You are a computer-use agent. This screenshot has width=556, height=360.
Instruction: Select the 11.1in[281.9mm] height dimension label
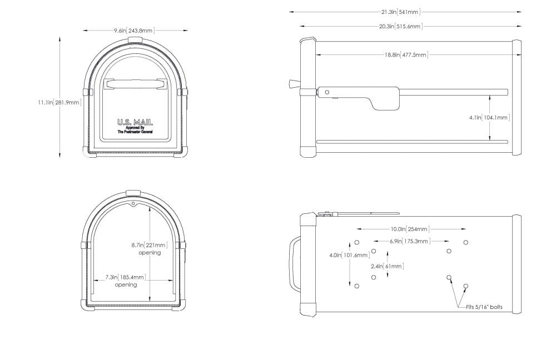pyautogui.click(x=59, y=102)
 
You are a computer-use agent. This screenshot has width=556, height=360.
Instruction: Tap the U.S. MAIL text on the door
pyautogui.click(x=135, y=122)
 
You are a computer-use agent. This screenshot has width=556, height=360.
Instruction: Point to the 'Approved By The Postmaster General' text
pyautogui.click(x=135, y=130)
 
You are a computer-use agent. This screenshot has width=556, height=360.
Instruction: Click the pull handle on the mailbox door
pyautogui.click(x=135, y=84)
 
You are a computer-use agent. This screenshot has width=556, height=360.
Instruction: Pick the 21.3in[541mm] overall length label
pyautogui.click(x=404, y=11)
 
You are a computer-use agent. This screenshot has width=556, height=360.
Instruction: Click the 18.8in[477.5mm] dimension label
pyautogui.click(x=406, y=54)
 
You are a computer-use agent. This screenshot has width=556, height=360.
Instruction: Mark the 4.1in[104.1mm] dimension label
pyautogui.click(x=490, y=117)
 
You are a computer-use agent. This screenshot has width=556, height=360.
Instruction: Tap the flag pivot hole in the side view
pyautogui.click(x=327, y=92)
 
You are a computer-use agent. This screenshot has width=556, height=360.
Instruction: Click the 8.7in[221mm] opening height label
pyautogui.click(x=150, y=245)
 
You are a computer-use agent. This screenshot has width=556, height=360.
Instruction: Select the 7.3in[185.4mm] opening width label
pyautogui.click(x=126, y=277)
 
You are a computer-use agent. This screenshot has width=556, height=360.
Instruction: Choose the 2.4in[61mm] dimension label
pyautogui.click(x=386, y=266)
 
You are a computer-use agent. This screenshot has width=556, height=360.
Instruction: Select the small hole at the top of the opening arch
pyautogui.click(x=134, y=204)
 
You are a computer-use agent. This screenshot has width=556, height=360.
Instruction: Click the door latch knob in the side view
pyautogui.click(x=293, y=83)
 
